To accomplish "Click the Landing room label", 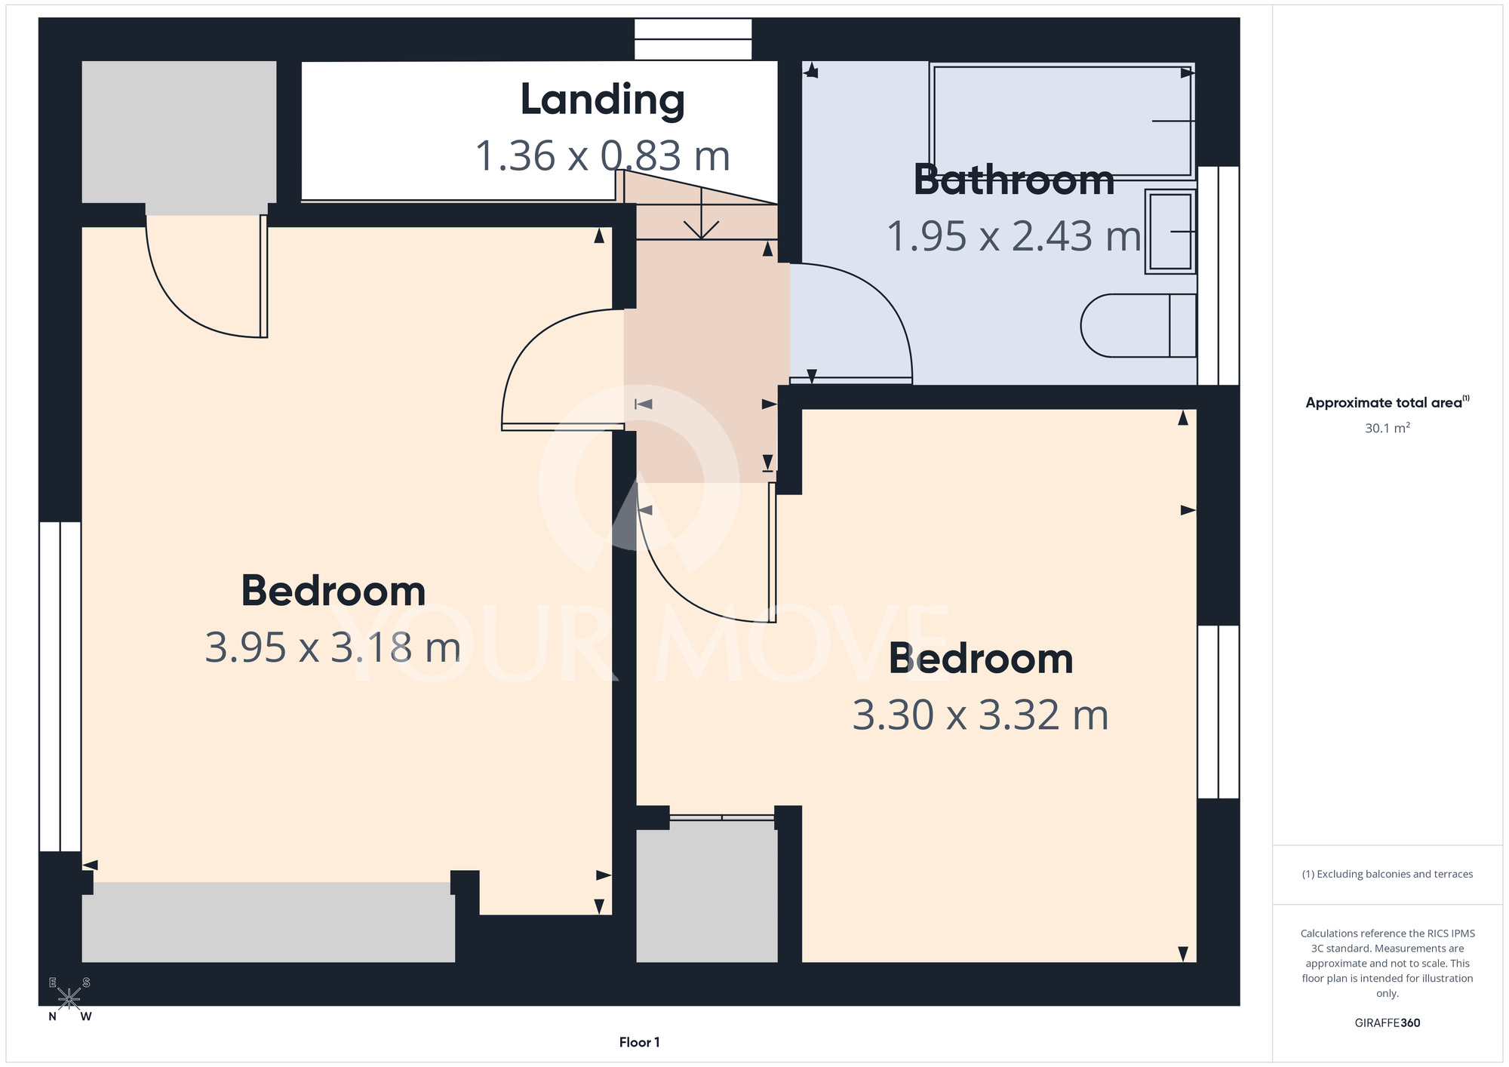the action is click(x=602, y=100).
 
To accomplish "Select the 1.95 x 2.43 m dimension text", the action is click(x=1014, y=236).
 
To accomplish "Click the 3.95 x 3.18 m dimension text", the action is click(x=333, y=647).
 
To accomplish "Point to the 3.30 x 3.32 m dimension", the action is click(x=980, y=715).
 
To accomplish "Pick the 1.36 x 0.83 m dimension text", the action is click(x=602, y=156).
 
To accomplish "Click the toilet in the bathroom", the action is click(x=1139, y=325).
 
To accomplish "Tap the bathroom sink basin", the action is click(x=1170, y=231).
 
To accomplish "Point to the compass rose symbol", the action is click(x=69, y=999).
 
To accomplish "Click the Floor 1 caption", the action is click(x=639, y=1042).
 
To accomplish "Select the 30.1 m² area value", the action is click(x=1387, y=428).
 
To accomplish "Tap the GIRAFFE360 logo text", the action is click(x=1387, y=1023).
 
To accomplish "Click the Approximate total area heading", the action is click(x=1387, y=402).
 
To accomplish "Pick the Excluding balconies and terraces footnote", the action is click(x=1387, y=875).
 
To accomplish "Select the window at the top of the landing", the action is click(x=693, y=39).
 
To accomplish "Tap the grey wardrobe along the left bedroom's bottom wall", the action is click(x=268, y=922).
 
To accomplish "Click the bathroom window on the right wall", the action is click(x=1218, y=275).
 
